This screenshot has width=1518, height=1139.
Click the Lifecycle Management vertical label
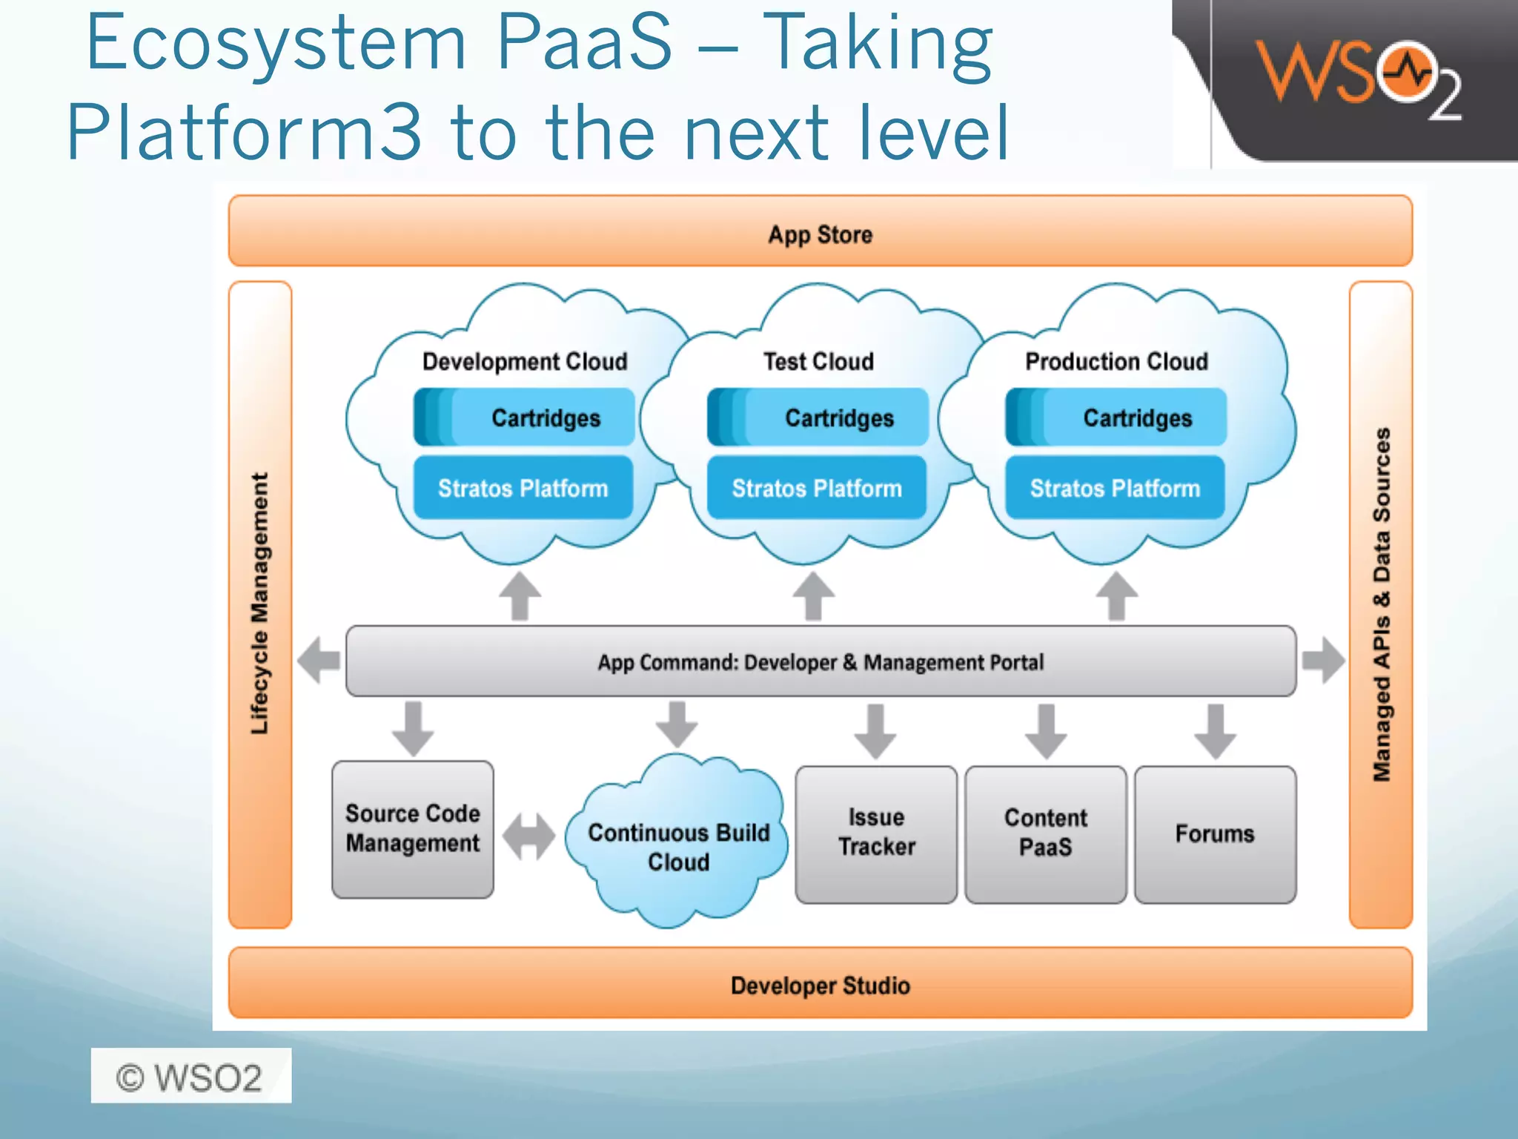(x=259, y=604)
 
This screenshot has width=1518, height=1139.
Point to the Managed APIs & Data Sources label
(x=1381, y=604)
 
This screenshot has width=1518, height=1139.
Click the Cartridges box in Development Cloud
(x=524, y=417)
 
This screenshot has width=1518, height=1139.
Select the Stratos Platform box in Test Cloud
(x=817, y=488)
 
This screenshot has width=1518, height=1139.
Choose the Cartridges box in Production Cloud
(x=1116, y=417)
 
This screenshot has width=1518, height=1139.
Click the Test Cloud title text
(x=818, y=361)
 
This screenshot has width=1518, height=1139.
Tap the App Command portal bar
(x=820, y=661)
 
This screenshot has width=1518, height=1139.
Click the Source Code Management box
(x=412, y=829)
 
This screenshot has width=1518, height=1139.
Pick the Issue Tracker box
(x=876, y=833)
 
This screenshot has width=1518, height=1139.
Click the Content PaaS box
(x=1045, y=833)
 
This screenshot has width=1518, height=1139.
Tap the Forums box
(x=1214, y=833)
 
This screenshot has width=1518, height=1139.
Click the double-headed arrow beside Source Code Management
(x=528, y=836)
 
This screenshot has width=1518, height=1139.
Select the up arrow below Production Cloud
(x=1116, y=596)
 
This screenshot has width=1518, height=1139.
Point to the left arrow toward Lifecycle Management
(x=319, y=659)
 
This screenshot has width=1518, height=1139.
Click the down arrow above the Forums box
(x=1214, y=731)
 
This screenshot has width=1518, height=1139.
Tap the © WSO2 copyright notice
(x=190, y=1076)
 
